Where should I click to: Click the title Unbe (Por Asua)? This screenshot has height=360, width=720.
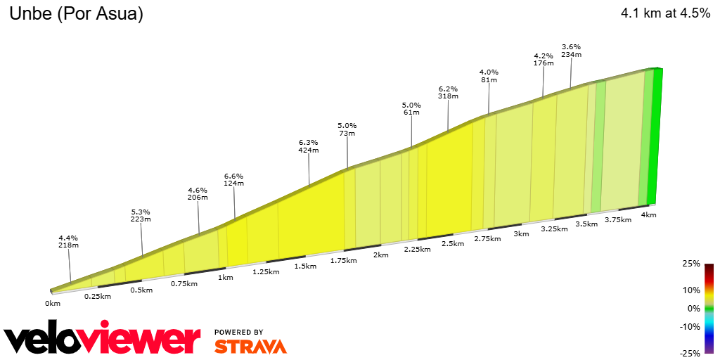tap(76, 14)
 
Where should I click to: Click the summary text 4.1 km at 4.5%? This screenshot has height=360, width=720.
tap(665, 13)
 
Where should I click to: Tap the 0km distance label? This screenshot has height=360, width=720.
tap(53, 303)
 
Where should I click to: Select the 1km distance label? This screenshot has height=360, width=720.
tap(226, 277)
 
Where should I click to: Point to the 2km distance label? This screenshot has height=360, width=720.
tap(380, 255)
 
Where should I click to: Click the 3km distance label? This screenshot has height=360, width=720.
tap(521, 233)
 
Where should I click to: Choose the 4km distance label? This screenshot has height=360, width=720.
tap(648, 214)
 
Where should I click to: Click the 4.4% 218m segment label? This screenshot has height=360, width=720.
tap(68, 240)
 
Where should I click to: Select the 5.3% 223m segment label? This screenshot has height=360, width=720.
tap(141, 215)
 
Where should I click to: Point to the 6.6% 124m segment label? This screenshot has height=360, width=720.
tap(233, 179)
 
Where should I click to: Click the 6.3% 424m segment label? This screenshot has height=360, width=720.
tap(309, 146)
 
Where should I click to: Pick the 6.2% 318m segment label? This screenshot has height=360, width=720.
tap(448, 94)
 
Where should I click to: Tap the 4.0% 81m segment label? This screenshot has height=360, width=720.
tap(489, 76)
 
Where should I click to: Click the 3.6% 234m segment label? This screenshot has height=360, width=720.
tap(571, 51)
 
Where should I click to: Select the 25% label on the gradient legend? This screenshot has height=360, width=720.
tap(692, 264)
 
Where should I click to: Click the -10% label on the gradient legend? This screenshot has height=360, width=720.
tap(690, 326)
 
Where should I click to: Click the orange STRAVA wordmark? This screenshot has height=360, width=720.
tap(250, 347)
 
